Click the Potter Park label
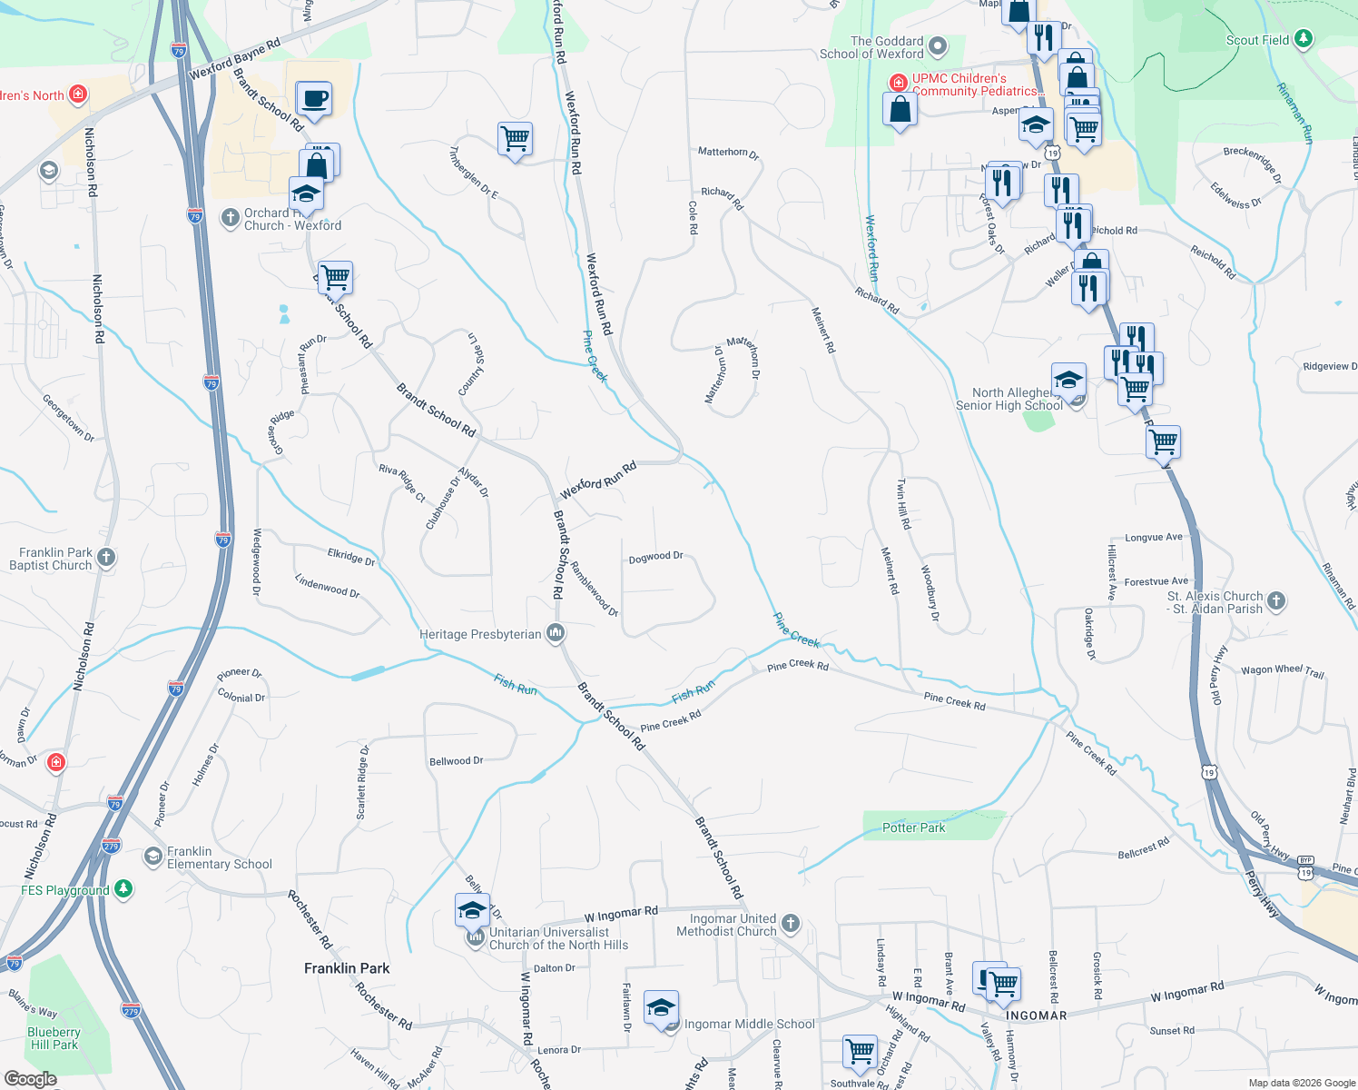pyautogui.click(x=913, y=827)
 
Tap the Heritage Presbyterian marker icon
pyautogui.click(x=556, y=633)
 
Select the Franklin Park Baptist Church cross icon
pyautogui.click(x=106, y=558)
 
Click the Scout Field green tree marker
pyautogui.click(x=1304, y=38)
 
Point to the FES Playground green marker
pyautogui.click(x=123, y=889)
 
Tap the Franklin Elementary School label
pyautogui.click(x=219, y=857)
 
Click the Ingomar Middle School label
pyautogui.click(x=749, y=1024)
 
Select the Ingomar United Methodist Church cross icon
pyautogui.click(x=791, y=924)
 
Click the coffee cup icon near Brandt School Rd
pyautogui.click(x=314, y=98)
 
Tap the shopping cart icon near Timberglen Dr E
pyautogui.click(x=515, y=139)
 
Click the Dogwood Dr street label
pyautogui.click(x=655, y=557)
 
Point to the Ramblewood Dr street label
pyautogui.click(x=594, y=589)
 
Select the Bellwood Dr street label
pyautogui.click(x=456, y=761)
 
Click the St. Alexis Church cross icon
pyautogui.click(x=1276, y=600)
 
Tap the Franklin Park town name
pyautogui.click(x=347, y=968)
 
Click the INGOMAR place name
pyautogui.click(x=1036, y=1016)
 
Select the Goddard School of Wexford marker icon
pyautogui.click(x=939, y=45)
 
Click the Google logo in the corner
pyautogui.click(x=30, y=1079)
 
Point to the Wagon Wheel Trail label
pyautogui.click(x=1282, y=670)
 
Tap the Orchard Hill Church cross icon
pyautogui.click(x=231, y=217)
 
